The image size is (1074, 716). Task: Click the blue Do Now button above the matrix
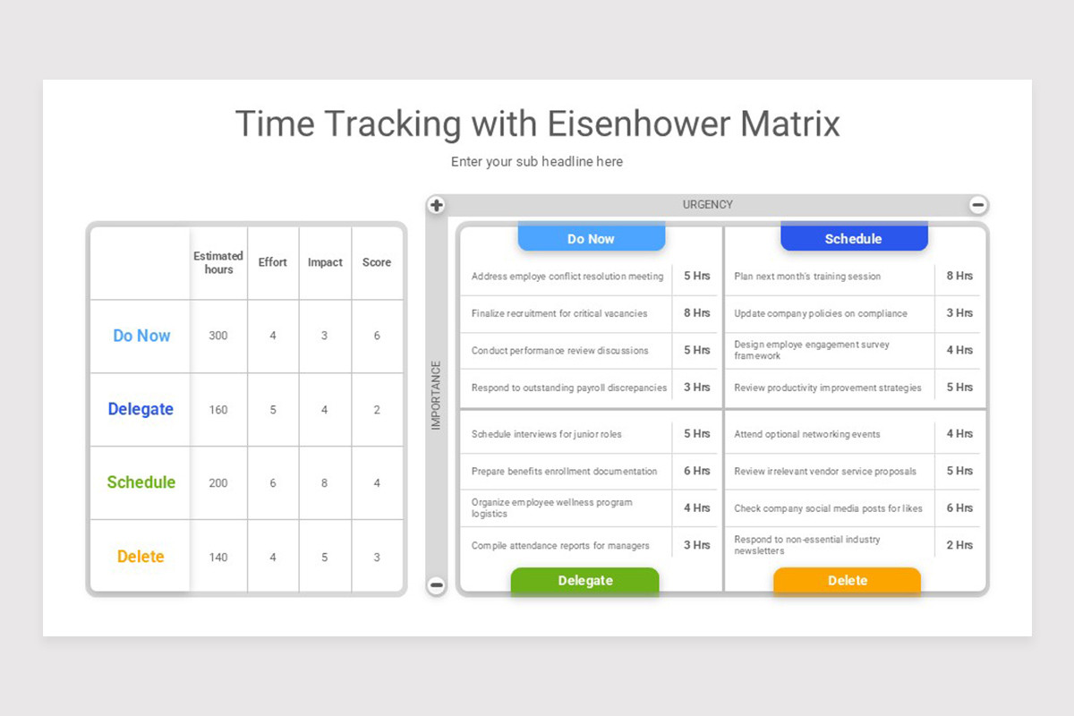tap(591, 239)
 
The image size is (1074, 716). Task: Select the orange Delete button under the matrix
tap(847, 581)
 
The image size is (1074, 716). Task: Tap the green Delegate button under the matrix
tap(584, 581)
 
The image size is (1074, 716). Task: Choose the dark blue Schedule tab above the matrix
tap(853, 239)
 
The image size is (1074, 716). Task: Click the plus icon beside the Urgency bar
tap(436, 206)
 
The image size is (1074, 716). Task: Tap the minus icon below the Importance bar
tap(436, 586)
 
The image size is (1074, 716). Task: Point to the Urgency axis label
tap(707, 205)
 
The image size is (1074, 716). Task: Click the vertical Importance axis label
tap(436, 396)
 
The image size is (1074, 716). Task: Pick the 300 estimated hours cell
tap(218, 336)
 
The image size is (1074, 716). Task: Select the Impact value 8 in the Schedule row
tap(324, 483)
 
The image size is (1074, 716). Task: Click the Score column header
tap(377, 262)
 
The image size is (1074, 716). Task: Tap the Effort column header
tap(273, 262)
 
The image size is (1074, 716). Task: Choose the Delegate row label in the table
tap(141, 409)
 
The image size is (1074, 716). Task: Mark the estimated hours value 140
tap(218, 557)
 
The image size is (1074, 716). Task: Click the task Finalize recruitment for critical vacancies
tap(559, 313)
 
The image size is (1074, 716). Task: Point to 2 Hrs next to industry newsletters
tap(959, 545)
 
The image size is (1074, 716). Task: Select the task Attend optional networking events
tap(807, 434)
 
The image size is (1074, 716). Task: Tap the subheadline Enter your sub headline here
tap(537, 162)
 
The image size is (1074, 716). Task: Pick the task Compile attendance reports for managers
tap(560, 545)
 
